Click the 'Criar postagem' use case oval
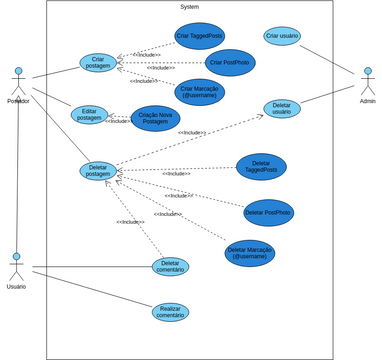tap(98, 63)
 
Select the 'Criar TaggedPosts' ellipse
tap(200, 36)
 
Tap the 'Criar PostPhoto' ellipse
tap(230, 63)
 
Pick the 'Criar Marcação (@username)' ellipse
tap(200, 93)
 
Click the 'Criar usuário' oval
tap(282, 36)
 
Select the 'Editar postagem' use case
tap(89, 115)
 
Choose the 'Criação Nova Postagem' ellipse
tap(155, 118)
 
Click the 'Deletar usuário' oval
tap(282, 108)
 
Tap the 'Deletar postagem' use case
tap(98, 171)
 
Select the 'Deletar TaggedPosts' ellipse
tap(261, 166)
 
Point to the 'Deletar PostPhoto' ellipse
tap(268, 212)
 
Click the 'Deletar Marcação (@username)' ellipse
tap(249, 253)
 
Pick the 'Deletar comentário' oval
tap(170, 266)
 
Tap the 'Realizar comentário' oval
tap(170, 312)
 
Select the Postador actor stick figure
tap(18, 81)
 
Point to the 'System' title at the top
tap(189, 7)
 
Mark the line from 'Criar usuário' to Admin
tap(329, 61)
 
